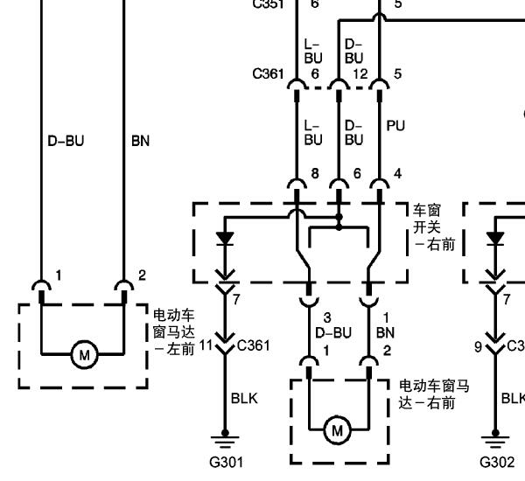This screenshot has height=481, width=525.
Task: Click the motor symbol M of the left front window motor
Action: pos(85,355)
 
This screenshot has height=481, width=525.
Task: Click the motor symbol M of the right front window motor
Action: pos(336,429)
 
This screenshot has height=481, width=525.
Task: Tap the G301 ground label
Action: pos(226,462)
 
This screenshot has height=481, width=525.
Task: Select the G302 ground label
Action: pos(497,462)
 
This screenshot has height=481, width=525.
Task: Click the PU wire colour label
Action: pos(395,126)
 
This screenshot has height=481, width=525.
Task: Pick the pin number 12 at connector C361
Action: pos(360,74)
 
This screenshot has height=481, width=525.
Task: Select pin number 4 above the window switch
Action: pos(398,174)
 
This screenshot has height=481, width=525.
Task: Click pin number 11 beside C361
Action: pos(206,345)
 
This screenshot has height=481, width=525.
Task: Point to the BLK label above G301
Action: pos(244,399)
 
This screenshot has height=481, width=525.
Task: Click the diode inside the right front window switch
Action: pos(226,237)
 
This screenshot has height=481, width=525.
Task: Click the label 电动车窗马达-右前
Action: pos(434,394)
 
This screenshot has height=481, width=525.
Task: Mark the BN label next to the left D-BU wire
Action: pos(140,140)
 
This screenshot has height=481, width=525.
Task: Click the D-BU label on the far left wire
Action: pos(66,140)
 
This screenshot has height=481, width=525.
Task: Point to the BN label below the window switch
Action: pos(385,332)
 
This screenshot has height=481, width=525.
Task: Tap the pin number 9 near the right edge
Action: pos(478,346)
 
